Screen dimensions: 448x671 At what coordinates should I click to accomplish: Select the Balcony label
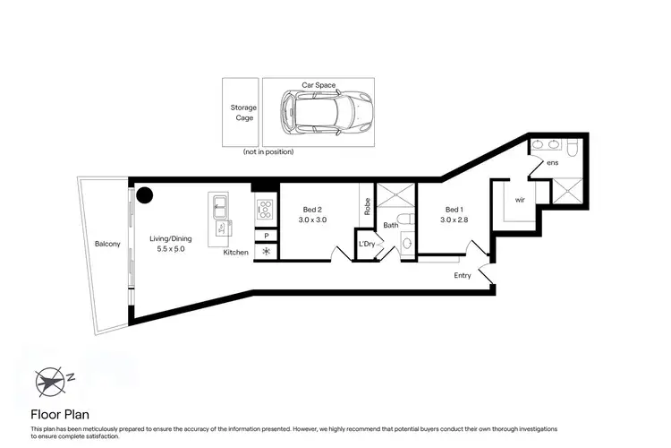(x=107, y=244)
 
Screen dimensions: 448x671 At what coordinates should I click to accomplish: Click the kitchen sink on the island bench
(x=217, y=211)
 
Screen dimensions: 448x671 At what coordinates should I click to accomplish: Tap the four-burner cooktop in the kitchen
(x=266, y=211)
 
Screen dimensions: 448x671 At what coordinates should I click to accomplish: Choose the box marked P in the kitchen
(x=266, y=236)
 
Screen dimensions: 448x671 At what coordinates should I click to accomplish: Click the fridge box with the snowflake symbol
(x=266, y=253)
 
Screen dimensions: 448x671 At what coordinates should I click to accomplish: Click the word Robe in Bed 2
(x=367, y=206)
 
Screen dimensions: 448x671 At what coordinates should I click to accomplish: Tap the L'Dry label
(x=366, y=244)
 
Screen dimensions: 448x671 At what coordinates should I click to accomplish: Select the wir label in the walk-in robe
(x=520, y=202)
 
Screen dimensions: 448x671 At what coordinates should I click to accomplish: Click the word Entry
(x=462, y=275)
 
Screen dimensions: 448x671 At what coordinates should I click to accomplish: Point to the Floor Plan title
(x=59, y=415)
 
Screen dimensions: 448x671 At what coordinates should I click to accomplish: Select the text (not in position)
(x=268, y=152)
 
